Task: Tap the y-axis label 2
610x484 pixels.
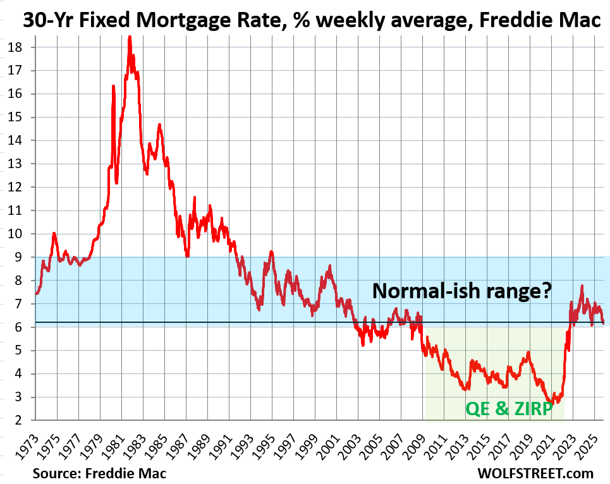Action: (19, 420)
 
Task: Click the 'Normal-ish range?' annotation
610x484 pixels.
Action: (462, 291)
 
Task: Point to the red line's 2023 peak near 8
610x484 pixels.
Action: (582, 286)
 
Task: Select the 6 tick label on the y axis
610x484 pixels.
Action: (19, 327)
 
